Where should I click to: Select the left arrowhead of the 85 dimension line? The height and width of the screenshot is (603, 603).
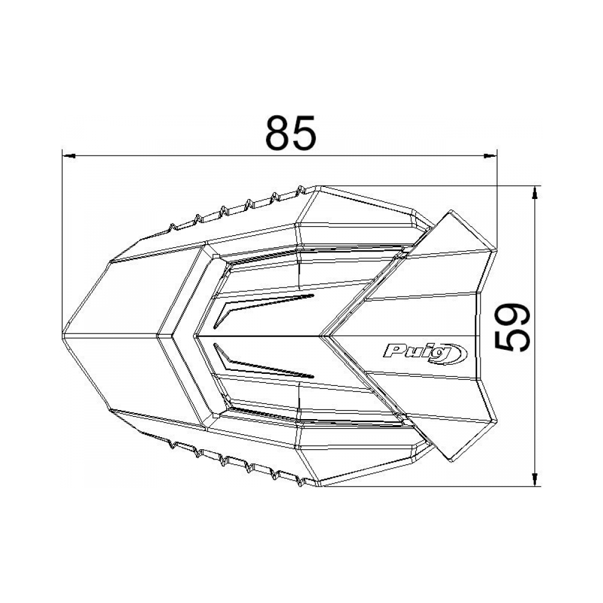(x=68, y=156)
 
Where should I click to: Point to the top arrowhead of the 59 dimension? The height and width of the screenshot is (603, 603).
(x=534, y=192)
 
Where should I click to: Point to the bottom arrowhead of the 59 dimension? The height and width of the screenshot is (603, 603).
(x=534, y=479)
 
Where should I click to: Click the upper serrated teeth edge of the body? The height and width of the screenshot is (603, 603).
(x=235, y=209)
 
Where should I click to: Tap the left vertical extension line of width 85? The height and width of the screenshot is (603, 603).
(x=62, y=241)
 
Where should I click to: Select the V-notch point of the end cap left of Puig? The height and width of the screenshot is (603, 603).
(x=326, y=335)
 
